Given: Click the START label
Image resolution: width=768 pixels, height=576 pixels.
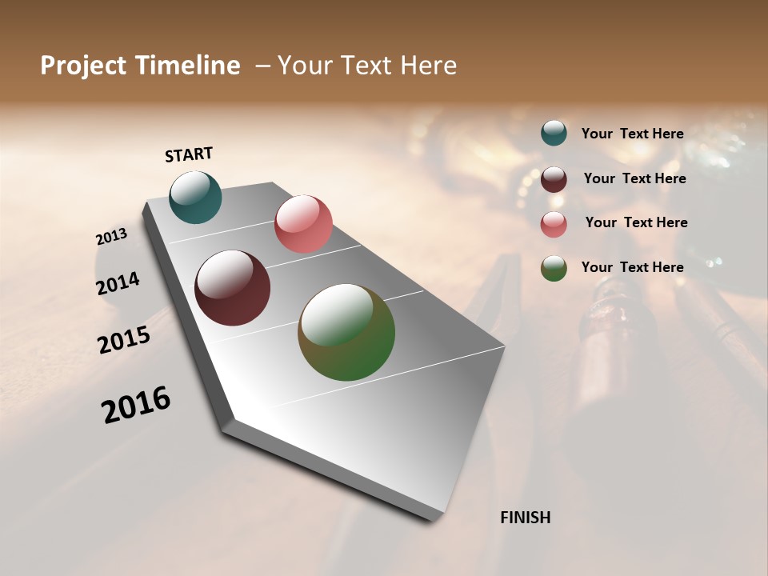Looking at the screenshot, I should [x=189, y=154].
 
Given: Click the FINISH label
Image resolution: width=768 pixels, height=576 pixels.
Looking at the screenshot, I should [x=526, y=518].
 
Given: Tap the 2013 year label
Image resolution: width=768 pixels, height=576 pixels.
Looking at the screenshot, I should [x=111, y=237].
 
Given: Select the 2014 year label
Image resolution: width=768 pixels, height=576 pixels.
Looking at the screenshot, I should [x=118, y=284].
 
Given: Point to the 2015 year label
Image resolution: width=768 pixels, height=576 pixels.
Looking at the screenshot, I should [x=124, y=340].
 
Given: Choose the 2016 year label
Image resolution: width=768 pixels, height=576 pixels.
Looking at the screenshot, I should [x=136, y=405].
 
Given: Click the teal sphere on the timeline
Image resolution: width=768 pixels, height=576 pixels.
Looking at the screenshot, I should [x=195, y=197].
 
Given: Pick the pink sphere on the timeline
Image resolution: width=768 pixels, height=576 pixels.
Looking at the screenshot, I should [x=303, y=224].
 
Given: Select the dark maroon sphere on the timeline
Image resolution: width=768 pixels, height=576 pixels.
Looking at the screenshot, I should [x=232, y=288].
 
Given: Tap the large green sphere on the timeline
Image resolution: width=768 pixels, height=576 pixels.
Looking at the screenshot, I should [x=346, y=332].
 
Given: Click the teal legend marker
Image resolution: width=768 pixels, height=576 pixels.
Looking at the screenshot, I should [x=554, y=133].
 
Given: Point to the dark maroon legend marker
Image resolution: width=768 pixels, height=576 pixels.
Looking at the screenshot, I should [x=554, y=179].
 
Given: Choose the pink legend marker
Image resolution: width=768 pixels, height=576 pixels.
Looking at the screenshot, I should [x=554, y=224].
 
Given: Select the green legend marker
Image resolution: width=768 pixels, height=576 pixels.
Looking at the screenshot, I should [x=554, y=268].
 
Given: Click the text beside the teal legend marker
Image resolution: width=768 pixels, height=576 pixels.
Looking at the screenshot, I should [x=632, y=134].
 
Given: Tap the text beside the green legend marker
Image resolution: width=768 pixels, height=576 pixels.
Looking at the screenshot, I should [x=632, y=267].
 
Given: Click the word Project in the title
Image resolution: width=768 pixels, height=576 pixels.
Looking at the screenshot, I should [x=83, y=66].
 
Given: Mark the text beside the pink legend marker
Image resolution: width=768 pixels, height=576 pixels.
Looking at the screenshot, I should [x=636, y=222].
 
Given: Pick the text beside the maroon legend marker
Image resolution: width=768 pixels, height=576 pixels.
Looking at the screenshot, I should [x=634, y=178].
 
